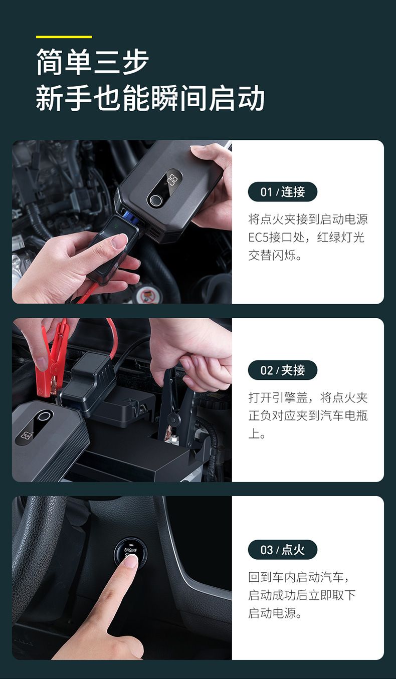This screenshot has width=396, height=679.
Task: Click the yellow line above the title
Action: click(64, 37)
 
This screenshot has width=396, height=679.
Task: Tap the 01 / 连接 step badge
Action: click(283, 191)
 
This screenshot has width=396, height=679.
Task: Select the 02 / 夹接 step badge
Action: click(283, 370)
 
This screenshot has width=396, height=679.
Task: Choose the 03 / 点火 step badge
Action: click(283, 550)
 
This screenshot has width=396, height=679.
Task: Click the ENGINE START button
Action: click(130, 553)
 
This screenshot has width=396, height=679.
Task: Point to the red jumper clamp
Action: click(52, 358)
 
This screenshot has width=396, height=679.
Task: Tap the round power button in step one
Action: click(155, 200)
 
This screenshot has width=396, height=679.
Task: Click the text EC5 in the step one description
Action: click(259, 237)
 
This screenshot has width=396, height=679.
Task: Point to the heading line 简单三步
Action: click(92, 62)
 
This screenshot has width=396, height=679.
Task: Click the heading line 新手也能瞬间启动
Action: click(150, 98)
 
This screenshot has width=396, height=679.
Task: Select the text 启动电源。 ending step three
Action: click(275, 613)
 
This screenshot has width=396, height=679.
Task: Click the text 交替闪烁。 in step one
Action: click(275, 255)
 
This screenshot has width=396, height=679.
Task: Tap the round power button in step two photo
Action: click(45, 416)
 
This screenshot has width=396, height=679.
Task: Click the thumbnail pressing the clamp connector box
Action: click(119, 241)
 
